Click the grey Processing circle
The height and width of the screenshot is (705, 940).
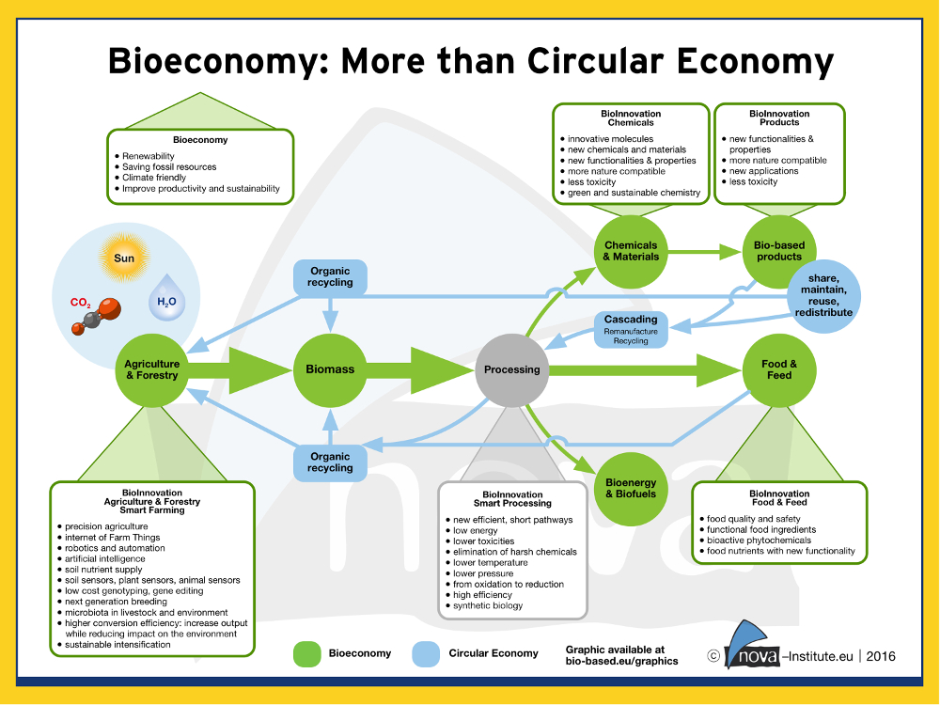tap(511, 369)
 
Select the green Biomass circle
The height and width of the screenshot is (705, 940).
tap(330, 369)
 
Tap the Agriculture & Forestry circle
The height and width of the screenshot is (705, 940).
tap(151, 369)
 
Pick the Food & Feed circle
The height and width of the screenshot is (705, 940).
tap(778, 369)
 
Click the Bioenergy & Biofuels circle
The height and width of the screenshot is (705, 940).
tap(631, 489)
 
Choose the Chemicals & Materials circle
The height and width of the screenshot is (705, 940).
tap(631, 251)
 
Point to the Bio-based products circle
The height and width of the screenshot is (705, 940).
tap(778, 251)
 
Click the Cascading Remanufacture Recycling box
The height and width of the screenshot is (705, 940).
tap(631, 330)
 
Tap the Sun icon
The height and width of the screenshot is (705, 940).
tap(124, 258)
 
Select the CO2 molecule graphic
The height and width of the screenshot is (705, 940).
tap(96, 315)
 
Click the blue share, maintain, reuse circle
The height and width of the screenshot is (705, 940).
tap(823, 295)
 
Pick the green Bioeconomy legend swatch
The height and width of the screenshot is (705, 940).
tap(307, 653)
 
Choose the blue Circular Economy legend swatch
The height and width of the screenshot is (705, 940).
tap(426, 653)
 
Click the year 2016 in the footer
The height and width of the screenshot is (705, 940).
tap(881, 656)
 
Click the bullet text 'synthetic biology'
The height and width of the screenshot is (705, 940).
tap(488, 606)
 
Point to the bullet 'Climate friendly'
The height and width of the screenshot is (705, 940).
tap(154, 178)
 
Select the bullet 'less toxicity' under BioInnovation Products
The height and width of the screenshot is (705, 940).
tap(754, 181)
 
